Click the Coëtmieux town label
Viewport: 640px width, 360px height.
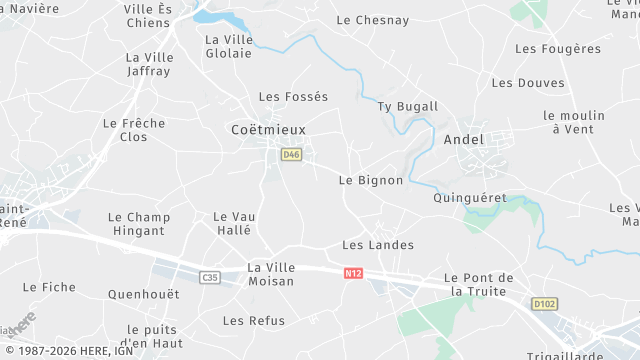268,130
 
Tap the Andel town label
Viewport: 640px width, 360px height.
463,139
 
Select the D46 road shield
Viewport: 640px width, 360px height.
291,154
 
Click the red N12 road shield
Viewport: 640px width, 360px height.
352,272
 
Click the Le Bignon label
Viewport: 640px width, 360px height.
370,180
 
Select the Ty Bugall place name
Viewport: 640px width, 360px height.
407,106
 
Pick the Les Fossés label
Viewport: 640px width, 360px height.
293,97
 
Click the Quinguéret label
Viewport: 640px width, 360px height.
470,198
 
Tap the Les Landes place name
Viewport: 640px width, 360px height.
377,244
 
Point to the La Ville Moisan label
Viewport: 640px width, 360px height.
270,274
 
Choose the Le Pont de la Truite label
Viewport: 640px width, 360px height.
479,284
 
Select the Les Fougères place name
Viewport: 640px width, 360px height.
558,48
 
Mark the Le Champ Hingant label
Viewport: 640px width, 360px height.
138,224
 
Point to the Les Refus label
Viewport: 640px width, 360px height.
253,321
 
